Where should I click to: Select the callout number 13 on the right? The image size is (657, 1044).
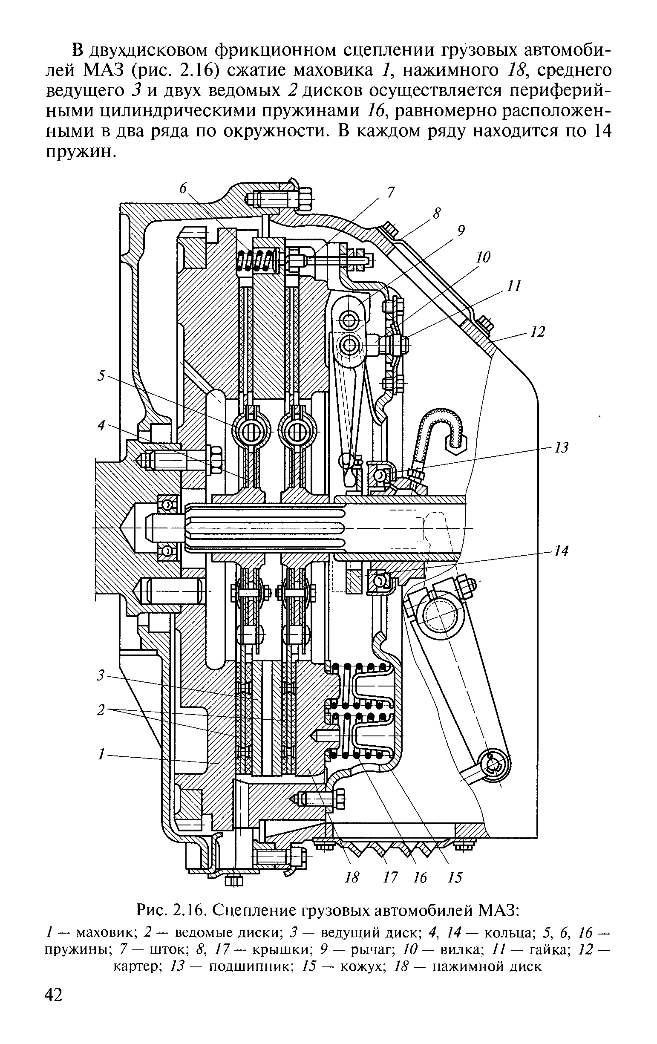(x=562, y=447)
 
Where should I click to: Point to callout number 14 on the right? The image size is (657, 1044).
(x=562, y=551)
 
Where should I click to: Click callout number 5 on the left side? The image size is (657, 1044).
(x=101, y=375)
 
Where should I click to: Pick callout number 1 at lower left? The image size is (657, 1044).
(x=101, y=755)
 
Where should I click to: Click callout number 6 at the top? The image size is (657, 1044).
(x=183, y=188)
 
